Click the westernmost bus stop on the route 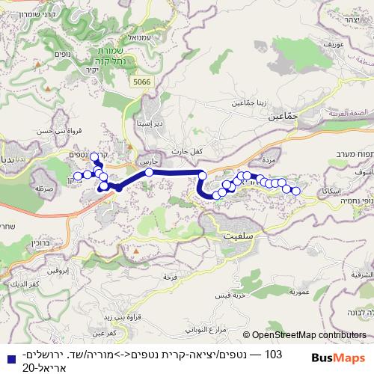click(76, 177)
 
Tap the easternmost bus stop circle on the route click(295, 191)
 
